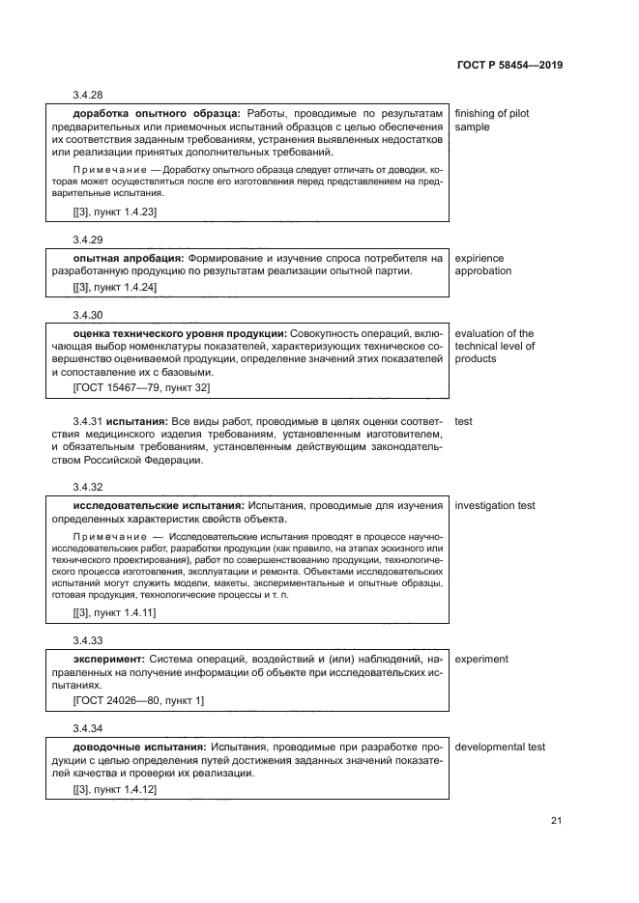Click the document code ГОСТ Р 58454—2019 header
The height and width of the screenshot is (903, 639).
click(508, 66)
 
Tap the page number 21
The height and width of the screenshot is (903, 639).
click(556, 821)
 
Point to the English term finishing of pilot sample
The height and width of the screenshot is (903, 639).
click(491, 120)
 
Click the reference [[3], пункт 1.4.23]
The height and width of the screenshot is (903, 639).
click(115, 211)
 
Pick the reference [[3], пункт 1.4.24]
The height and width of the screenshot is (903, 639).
click(115, 288)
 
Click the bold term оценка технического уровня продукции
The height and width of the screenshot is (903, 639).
click(179, 334)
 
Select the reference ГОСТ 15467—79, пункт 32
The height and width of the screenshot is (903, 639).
click(141, 387)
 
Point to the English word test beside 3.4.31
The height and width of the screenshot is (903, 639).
click(463, 422)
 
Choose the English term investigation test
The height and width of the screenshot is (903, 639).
click(494, 505)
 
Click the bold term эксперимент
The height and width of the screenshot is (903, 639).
click(108, 660)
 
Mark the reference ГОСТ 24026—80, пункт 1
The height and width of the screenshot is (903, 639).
click(138, 699)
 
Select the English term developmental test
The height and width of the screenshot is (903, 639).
click(499, 747)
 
